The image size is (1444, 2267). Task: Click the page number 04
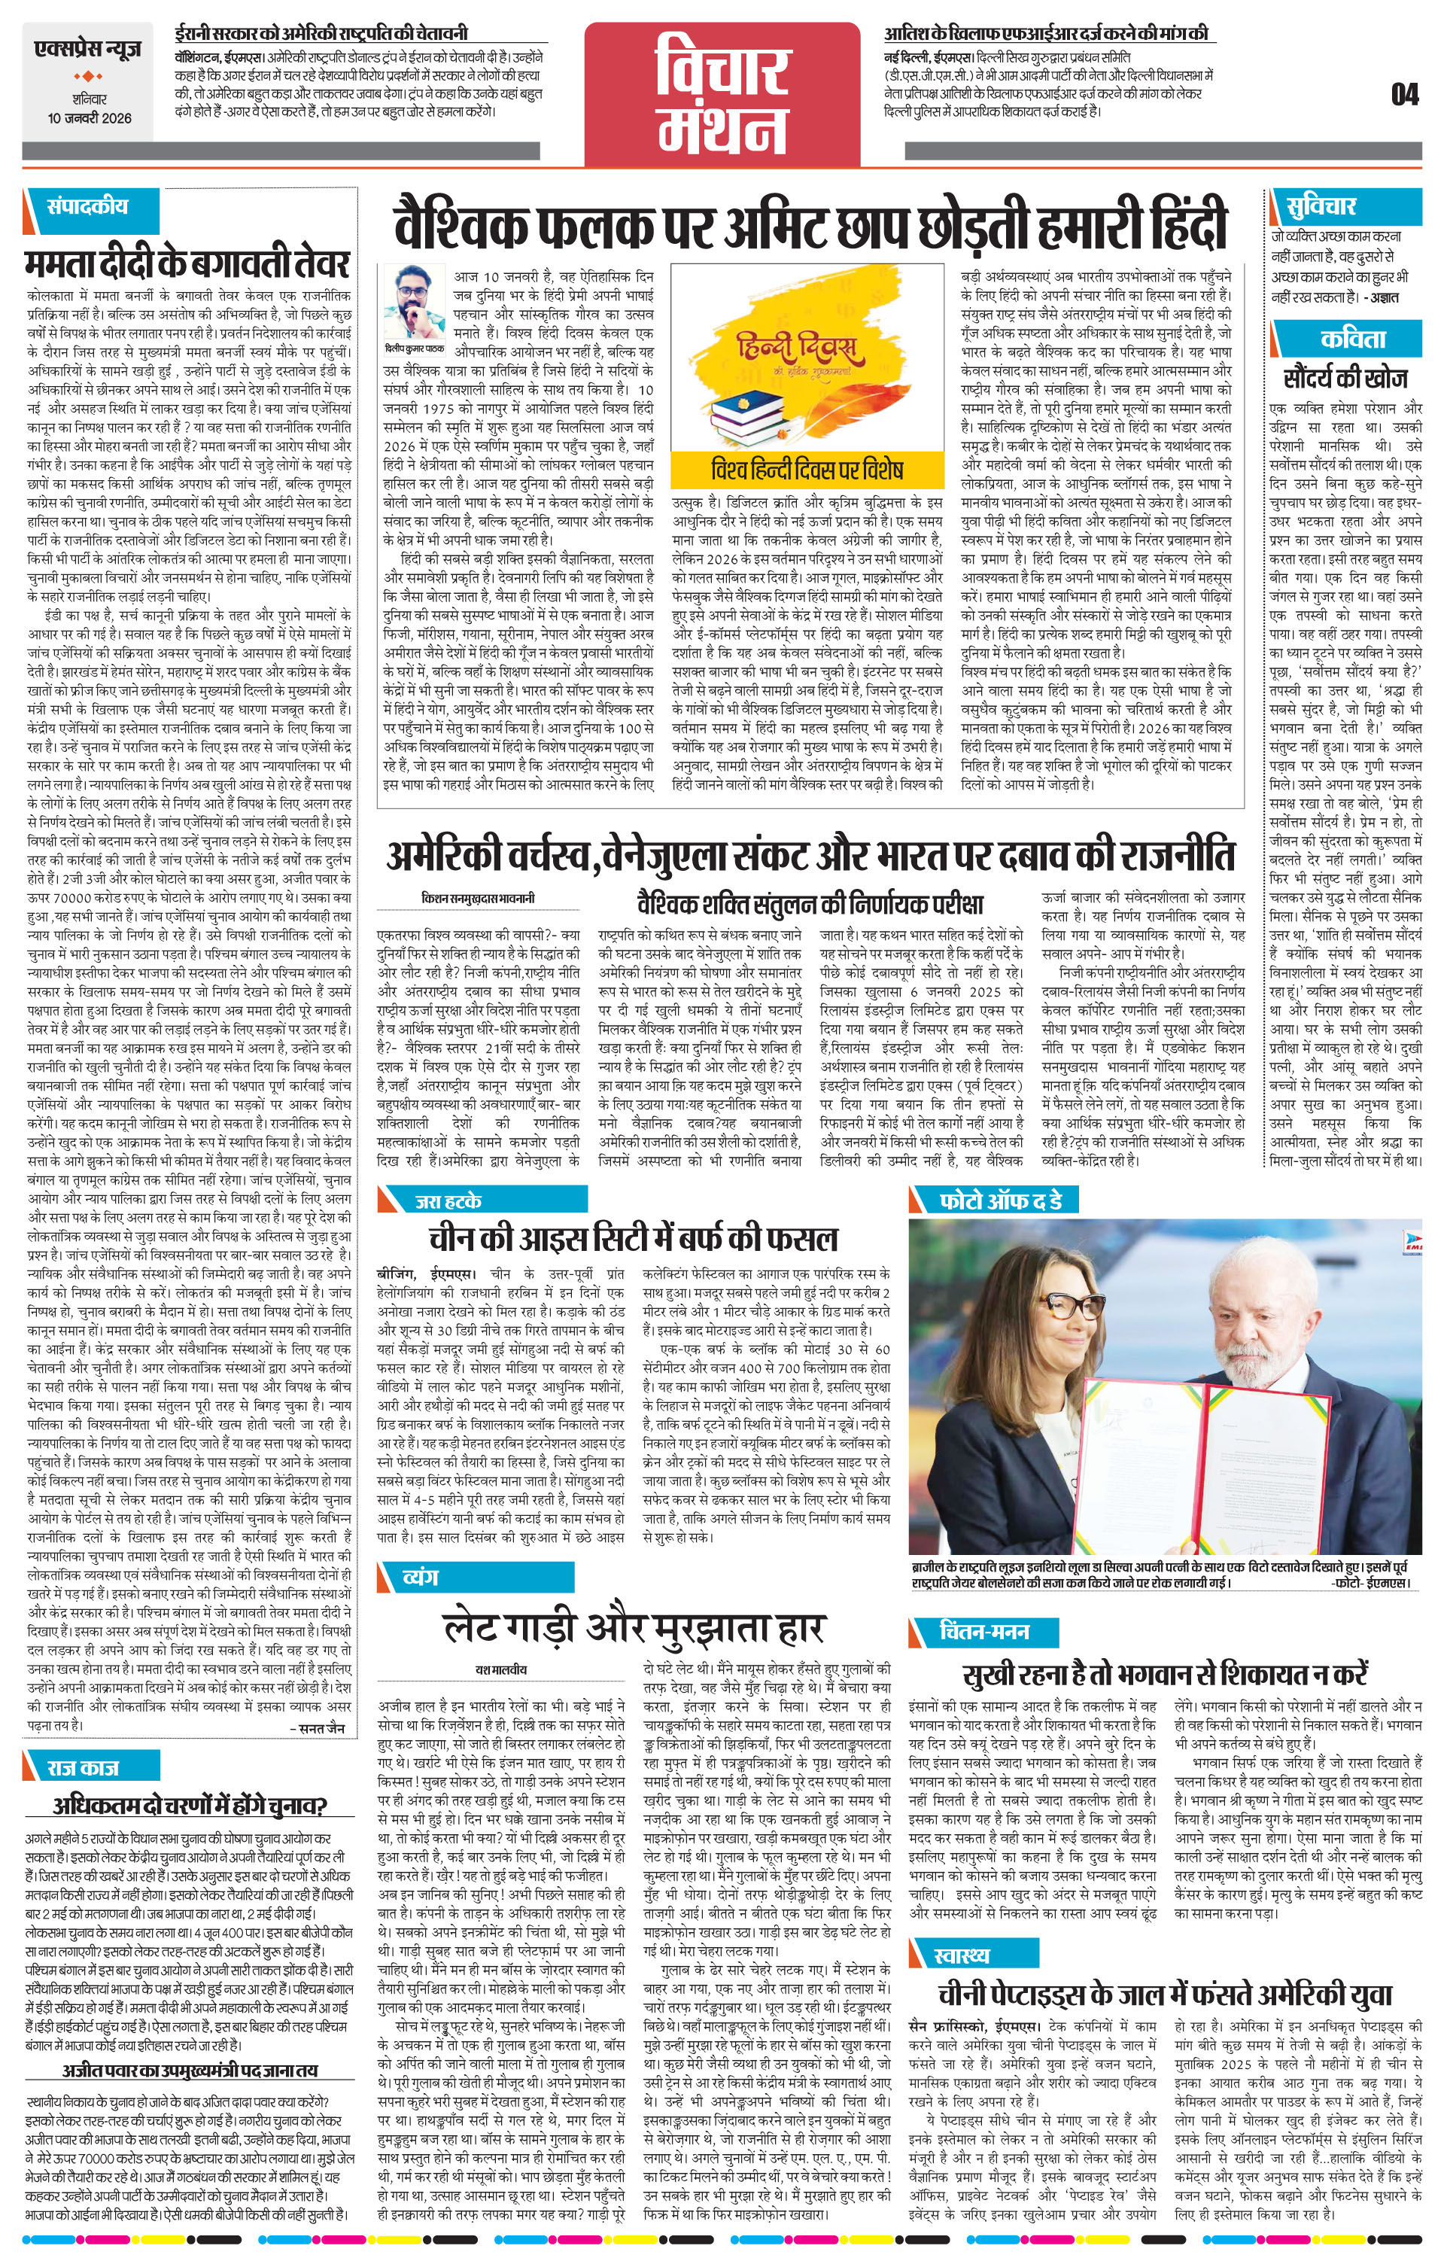point(1403,95)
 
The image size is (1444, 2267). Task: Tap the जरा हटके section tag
point(449,1200)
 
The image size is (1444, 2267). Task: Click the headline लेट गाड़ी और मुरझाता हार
point(635,1626)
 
